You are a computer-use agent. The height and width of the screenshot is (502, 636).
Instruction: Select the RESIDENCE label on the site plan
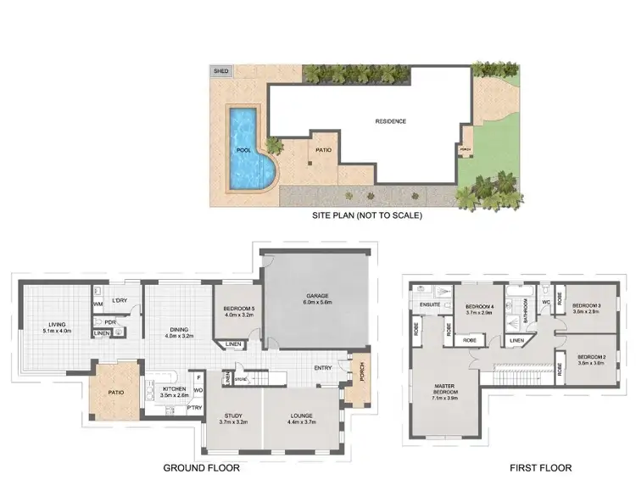point(391,121)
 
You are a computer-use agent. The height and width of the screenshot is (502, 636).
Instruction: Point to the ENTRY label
point(323,368)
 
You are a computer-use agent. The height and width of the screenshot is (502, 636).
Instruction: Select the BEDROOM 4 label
point(479,309)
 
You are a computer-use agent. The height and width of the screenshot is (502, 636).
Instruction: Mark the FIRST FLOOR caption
point(540,467)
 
